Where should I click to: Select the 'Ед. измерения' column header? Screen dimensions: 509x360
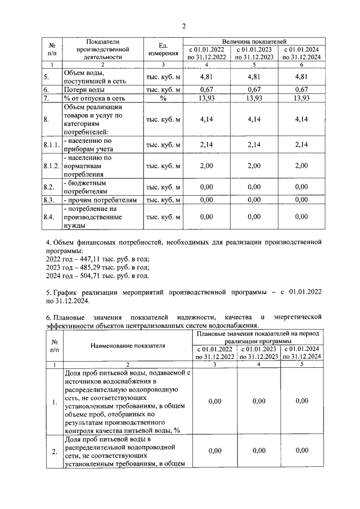pos(163,49)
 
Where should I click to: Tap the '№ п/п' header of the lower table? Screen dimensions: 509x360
pos(55,346)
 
